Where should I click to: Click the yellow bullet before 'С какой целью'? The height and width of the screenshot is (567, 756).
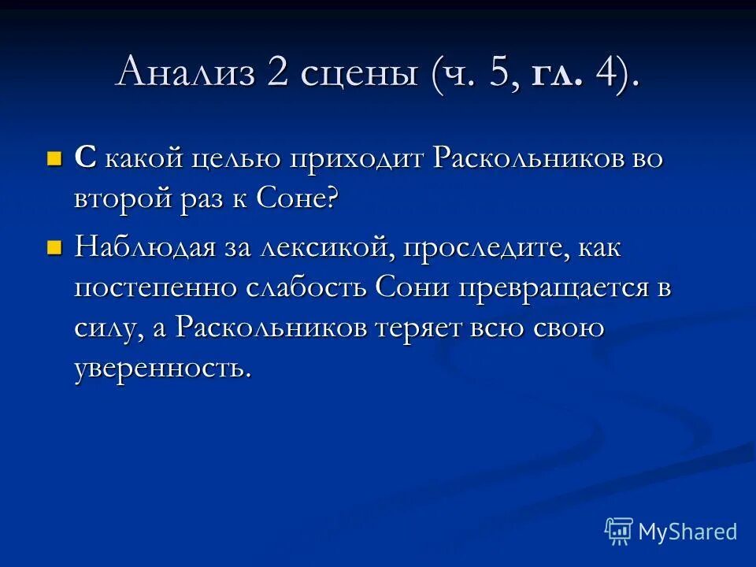[x=54, y=157]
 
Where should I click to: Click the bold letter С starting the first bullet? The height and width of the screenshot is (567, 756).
[x=85, y=157]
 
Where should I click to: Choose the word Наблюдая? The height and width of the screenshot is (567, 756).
[x=145, y=249]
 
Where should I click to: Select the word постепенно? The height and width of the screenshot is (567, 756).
[x=157, y=288]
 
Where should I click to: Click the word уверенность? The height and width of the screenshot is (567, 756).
[x=163, y=368]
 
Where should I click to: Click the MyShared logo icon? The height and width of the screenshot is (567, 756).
[x=619, y=532]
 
